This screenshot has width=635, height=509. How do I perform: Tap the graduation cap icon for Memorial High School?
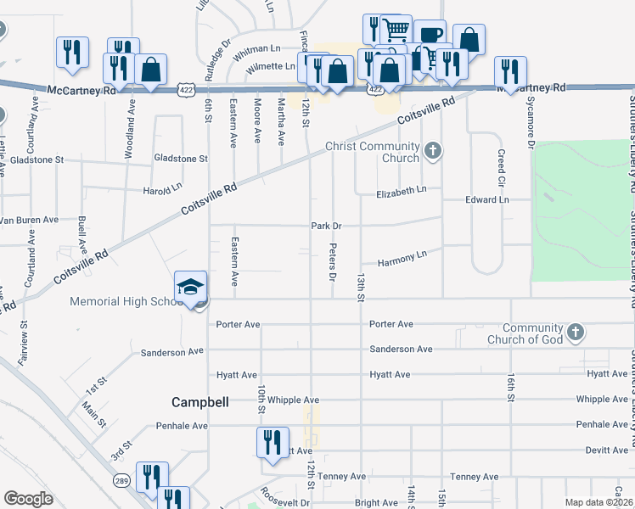[x=191, y=287]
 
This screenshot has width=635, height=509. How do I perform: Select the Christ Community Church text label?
[x=373, y=152]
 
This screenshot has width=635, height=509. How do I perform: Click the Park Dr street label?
[x=326, y=226]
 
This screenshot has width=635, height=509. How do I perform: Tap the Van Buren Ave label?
[x=29, y=220]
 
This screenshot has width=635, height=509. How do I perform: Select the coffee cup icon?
[x=430, y=35]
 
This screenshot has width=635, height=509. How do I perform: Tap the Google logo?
[x=28, y=499]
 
